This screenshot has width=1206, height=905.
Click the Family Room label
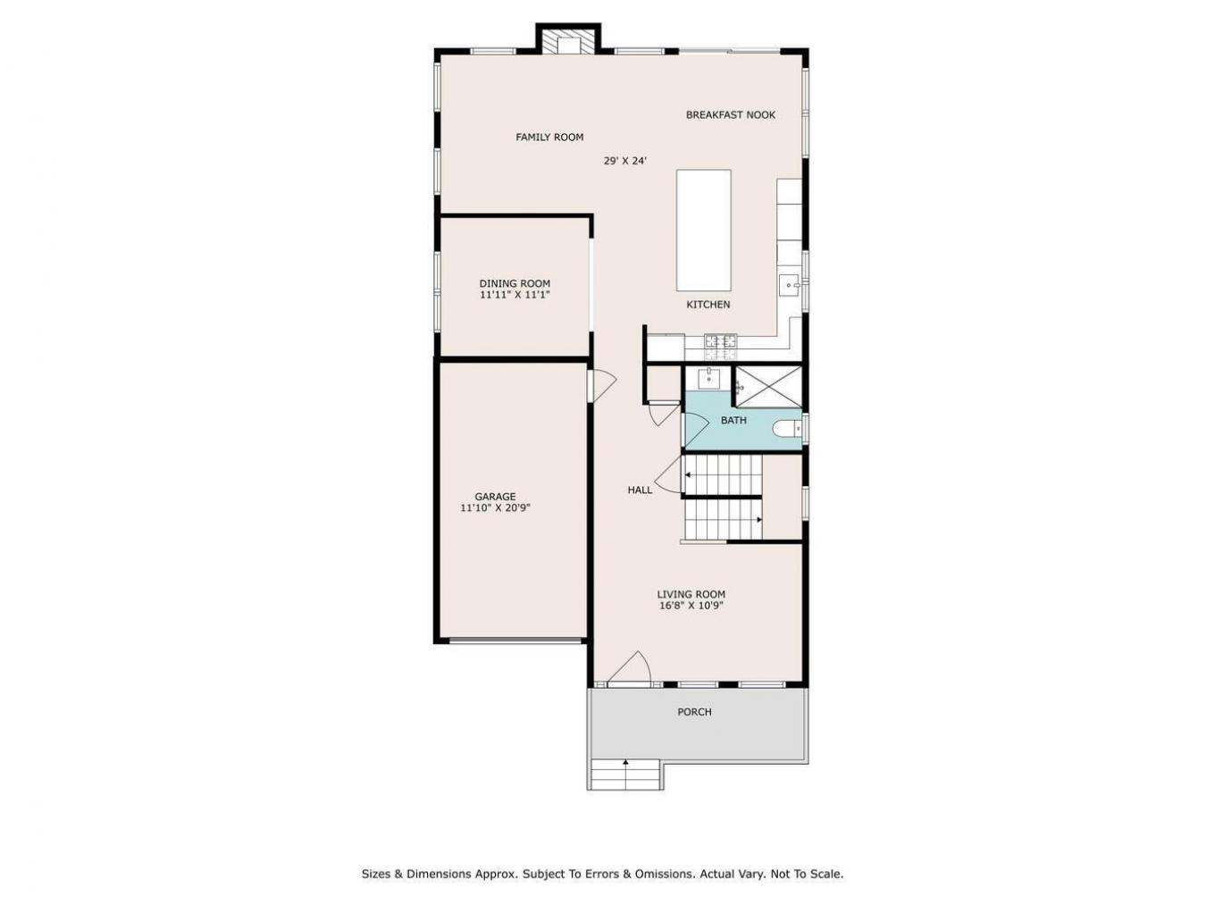[x=549, y=137]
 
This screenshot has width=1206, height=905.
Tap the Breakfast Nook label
[x=730, y=114]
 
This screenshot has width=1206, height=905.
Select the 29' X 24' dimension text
[x=624, y=161]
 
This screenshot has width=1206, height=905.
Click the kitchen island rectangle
[x=703, y=230]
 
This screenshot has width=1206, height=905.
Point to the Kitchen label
[x=708, y=305]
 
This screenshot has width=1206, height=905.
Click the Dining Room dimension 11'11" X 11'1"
[x=514, y=294]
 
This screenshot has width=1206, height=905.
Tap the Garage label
[x=495, y=497]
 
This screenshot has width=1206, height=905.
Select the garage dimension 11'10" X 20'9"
[x=495, y=507]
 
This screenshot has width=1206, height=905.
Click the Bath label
[x=733, y=420]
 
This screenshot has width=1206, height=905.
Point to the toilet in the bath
[x=788, y=430]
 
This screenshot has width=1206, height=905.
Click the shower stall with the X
[x=767, y=387]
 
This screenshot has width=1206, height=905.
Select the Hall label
[x=640, y=490]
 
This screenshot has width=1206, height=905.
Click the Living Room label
[x=691, y=594]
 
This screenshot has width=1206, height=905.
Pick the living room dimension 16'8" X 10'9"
[x=691, y=605]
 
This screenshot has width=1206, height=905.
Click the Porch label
[x=694, y=712]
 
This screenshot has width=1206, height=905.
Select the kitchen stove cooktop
[x=720, y=340]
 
